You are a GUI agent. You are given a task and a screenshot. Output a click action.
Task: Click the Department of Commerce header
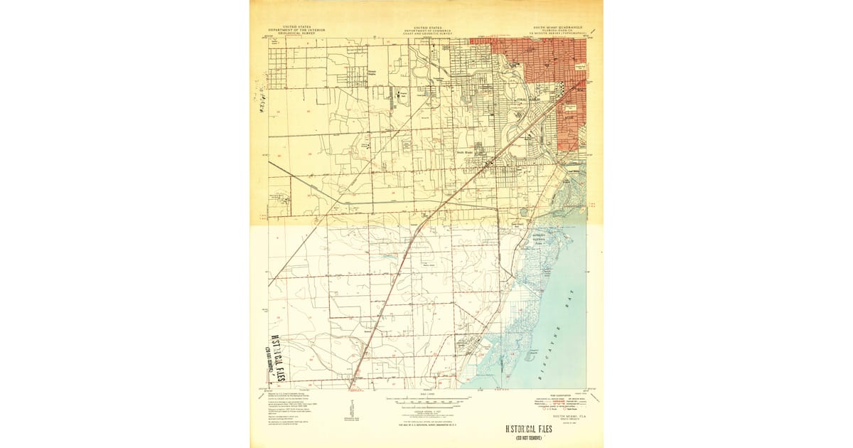click(426, 30)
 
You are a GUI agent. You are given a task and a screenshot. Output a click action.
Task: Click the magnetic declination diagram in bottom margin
click(351, 410)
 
